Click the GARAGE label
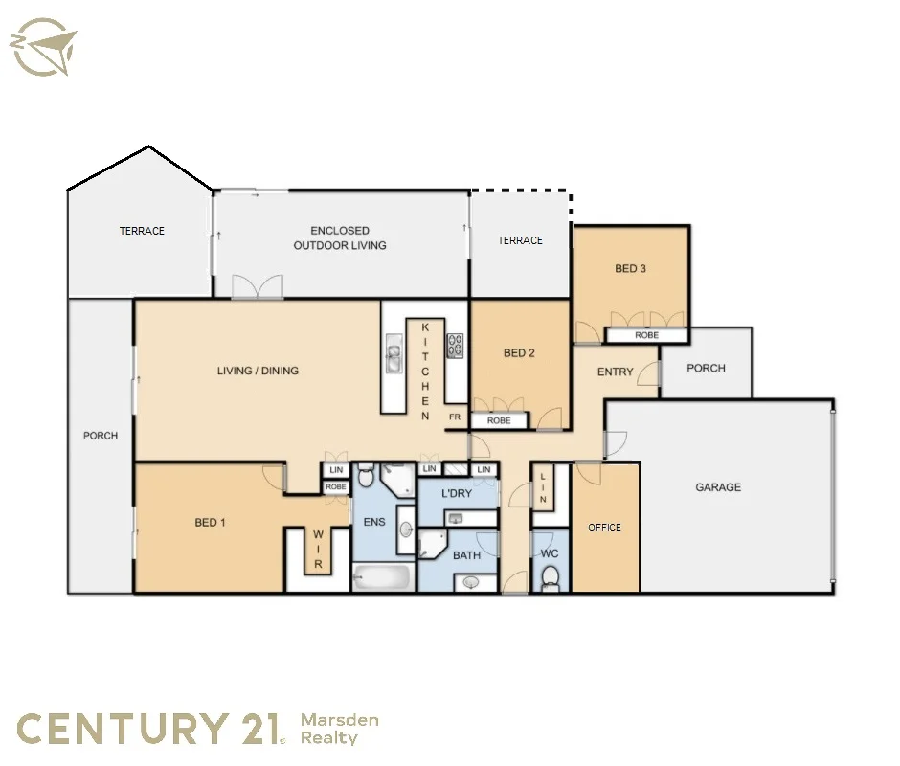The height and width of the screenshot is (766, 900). pyautogui.click(x=717, y=487)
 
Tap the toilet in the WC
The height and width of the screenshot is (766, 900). pyautogui.click(x=551, y=577)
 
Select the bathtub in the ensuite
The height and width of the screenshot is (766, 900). pyautogui.click(x=382, y=578)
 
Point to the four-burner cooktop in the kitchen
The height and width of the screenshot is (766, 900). pyautogui.click(x=456, y=345)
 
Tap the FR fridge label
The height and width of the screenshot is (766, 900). pyautogui.click(x=455, y=418)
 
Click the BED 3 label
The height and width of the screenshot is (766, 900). pyautogui.click(x=630, y=269)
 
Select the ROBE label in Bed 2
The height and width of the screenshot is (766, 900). pyautogui.click(x=499, y=420)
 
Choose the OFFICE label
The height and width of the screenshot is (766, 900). pyautogui.click(x=604, y=528)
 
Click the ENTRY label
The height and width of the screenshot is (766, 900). pyautogui.click(x=615, y=372)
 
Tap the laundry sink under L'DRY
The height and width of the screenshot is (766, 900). pyautogui.click(x=457, y=518)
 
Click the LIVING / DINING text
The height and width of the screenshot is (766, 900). pyautogui.click(x=258, y=371)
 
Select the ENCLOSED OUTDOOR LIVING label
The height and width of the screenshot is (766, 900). pyautogui.click(x=340, y=238)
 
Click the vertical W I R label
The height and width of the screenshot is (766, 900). pyautogui.click(x=318, y=552)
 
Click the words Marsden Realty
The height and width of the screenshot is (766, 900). pyautogui.click(x=339, y=729)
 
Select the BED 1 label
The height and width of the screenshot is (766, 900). pyautogui.click(x=210, y=523)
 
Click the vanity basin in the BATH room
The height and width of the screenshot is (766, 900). pyautogui.click(x=471, y=581)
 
